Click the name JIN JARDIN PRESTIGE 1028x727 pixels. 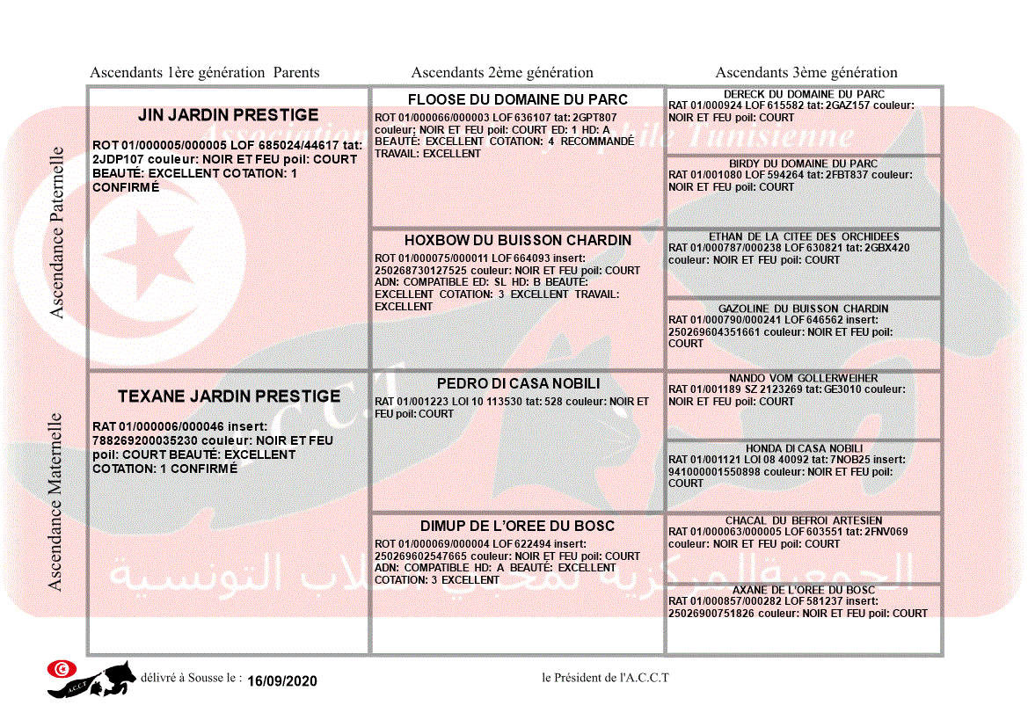pyautogui.click(x=229, y=115)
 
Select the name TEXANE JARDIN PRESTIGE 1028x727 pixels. pyautogui.click(x=229, y=396)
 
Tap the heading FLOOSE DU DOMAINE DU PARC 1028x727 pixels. pyautogui.click(x=518, y=99)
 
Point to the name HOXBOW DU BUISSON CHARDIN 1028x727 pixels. pyautogui.click(x=518, y=240)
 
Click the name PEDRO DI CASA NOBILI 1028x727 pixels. pyautogui.click(x=518, y=384)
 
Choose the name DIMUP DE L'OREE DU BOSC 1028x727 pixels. pyautogui.click(x=518, y=527)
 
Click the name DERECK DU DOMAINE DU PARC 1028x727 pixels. pyautogui.click(x=804, y=94)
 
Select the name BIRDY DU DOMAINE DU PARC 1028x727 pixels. pyautogui.click(x=804, y=164)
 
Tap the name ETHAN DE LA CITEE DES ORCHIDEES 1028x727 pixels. pyautogui.click(x=804, y=236)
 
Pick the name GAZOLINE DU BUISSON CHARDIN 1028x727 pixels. pyautogui.click(x=804, y=309)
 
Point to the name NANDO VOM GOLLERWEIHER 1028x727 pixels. pyautogui.click(x=804, y=378)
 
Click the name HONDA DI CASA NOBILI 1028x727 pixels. pyautogui.click(x=804, y=448)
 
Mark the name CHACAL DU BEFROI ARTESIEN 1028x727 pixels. pyautogui.click(x=804, y=520)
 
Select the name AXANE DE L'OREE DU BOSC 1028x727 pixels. pyautogui.click(x=804, y=590)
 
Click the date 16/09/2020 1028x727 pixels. pyautogui.click(x=282, y=681)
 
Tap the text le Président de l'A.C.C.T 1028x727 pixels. pyautogui.click(x=606, y=678)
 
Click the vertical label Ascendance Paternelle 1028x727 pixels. pyautogui.click(x=57, y=231)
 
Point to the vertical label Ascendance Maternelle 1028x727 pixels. pyautogui.click(x=55, y=501)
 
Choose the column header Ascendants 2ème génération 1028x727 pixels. pyautogui.click(x=502, y=73)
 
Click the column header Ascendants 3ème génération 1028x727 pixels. pyautogui.click(x=806, y=73)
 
